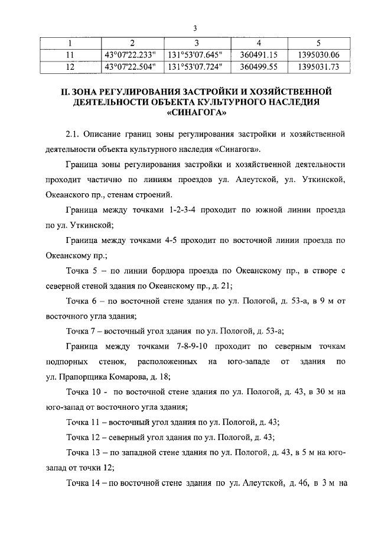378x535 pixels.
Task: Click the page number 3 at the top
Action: (194, 28)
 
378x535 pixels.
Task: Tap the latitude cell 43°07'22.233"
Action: (129, 55)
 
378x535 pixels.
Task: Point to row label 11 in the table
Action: (69, 55)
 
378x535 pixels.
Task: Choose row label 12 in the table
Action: (69, 67)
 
